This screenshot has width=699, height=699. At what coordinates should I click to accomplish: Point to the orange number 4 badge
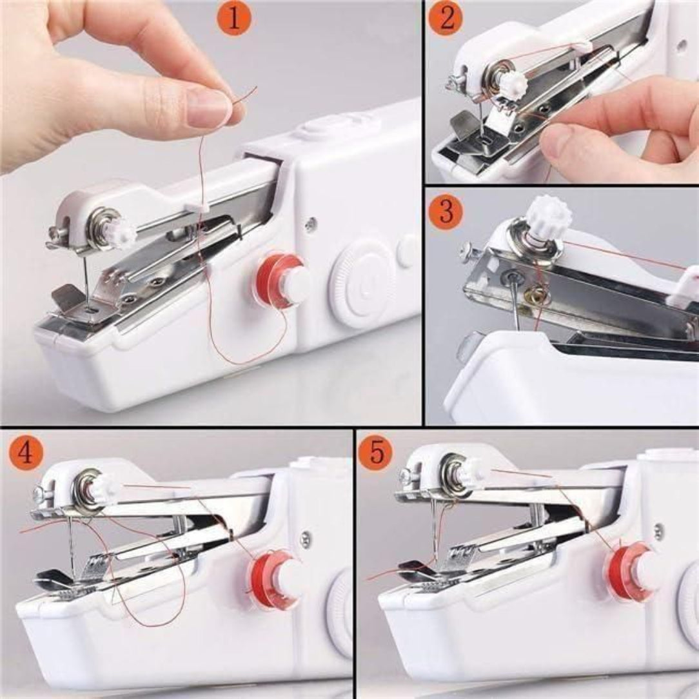click(x=25, y=453)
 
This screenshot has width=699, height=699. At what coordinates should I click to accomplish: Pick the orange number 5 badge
click(x=375, y=453)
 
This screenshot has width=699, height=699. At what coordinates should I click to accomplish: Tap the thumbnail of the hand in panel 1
click(x=210, y=107)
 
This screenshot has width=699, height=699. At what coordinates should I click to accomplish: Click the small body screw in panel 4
click(x=305, y=537)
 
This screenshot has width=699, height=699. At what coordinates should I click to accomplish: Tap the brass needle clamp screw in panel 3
click(x=535, y=295)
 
